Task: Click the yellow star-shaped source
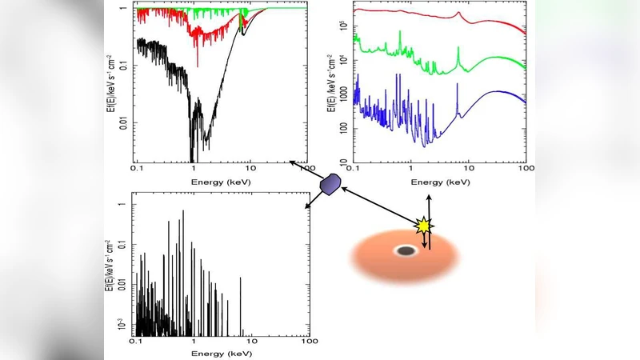[423, 226]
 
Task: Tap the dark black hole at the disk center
[406, 251]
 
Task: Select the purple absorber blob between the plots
[330, 183]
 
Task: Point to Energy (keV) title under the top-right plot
[439, 182]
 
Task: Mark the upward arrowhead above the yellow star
[429, 196]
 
